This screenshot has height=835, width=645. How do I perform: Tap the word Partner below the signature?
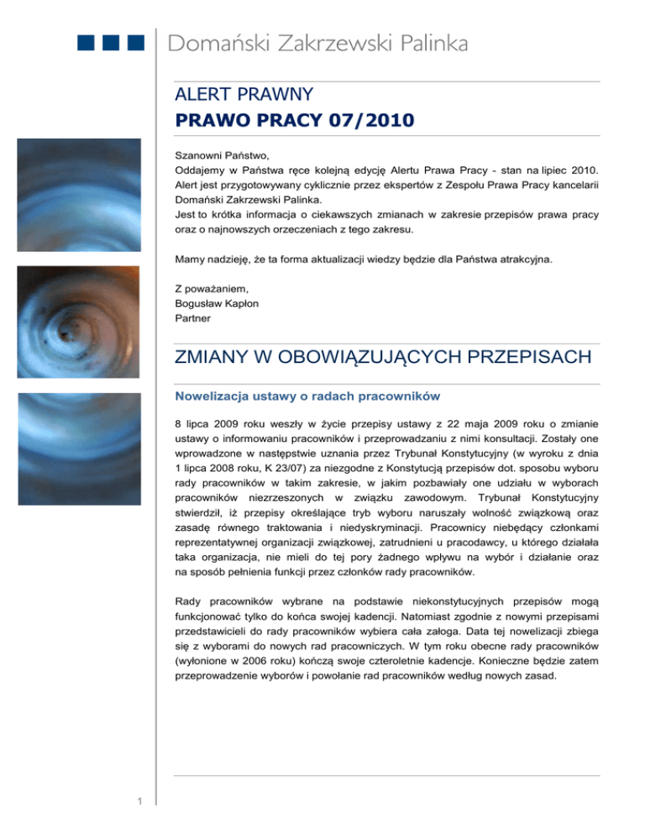coord(192,319)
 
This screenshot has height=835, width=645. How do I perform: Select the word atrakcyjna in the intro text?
coord(525,260)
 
